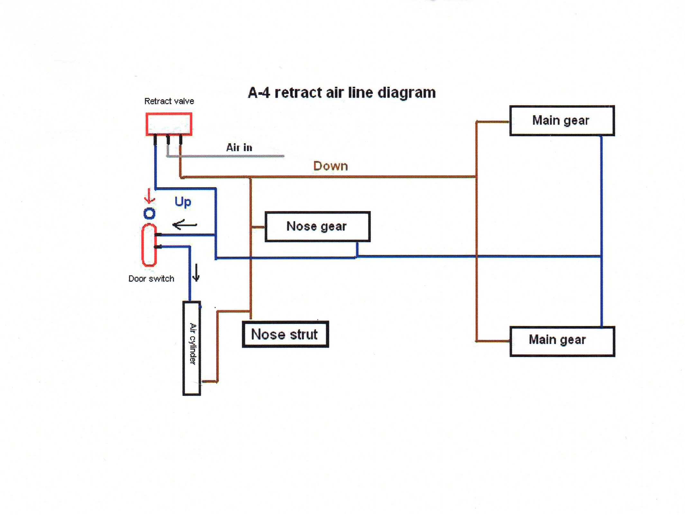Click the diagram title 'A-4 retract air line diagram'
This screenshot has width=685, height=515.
(x=342, y=93)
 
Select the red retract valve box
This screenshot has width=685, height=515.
(x=169, y=124)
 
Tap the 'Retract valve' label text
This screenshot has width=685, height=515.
(x=169, y=101)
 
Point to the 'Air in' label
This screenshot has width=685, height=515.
(x=239, y=147)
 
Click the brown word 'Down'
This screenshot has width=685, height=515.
(x=331, y=166)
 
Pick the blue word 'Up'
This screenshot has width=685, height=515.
(x=183, y=202)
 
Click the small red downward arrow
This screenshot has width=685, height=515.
(x=149, y=196)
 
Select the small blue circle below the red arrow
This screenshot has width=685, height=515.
(x=149, y=213)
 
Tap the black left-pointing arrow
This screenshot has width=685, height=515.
(x=185, y=225)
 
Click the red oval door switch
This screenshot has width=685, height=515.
(x=149, y=245)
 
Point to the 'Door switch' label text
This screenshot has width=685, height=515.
(x=151, y=279)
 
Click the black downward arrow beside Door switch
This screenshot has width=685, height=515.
(x=196, y=273)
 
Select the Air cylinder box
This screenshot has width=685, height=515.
(x=192, y=348)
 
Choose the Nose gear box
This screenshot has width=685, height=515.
(x=317, y=226)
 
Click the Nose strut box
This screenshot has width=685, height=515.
(x=285, y=334)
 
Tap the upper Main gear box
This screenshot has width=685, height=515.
(x=562, y=120)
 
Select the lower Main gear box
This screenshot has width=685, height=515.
(x=562, y=341)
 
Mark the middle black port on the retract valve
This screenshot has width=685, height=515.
(x=168, y=139)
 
